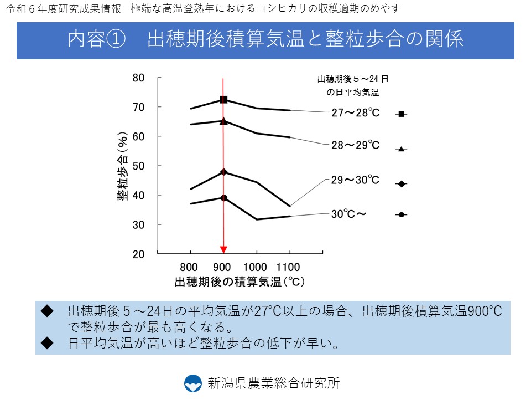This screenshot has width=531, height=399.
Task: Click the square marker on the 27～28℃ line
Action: point(223,100)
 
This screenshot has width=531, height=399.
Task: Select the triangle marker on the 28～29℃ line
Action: point(223,121)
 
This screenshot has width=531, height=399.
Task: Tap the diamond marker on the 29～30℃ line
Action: point(223,172)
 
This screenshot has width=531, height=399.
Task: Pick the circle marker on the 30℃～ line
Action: point(223,198)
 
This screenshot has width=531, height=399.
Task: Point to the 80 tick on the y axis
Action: point(139,78)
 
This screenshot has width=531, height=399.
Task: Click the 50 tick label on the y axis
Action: point(139,166)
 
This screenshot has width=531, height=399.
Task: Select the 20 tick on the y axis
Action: point(139,254)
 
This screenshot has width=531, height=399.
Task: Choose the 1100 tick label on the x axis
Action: point(289,267)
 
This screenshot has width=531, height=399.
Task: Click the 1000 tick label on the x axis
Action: point(256,267)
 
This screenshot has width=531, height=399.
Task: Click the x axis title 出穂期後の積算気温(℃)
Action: point(240,282)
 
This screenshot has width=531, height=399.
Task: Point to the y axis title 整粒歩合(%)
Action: point(122,166)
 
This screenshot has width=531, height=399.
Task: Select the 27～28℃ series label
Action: point(356,113)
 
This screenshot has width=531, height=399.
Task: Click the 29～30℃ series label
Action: point(356,181)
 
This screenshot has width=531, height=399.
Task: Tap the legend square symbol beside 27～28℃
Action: point(402,114)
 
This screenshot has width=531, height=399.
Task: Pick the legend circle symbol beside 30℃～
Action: point(402,214)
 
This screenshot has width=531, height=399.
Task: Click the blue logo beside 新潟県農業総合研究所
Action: point(193,383)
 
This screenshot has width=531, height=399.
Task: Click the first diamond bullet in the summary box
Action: point(47,311)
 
